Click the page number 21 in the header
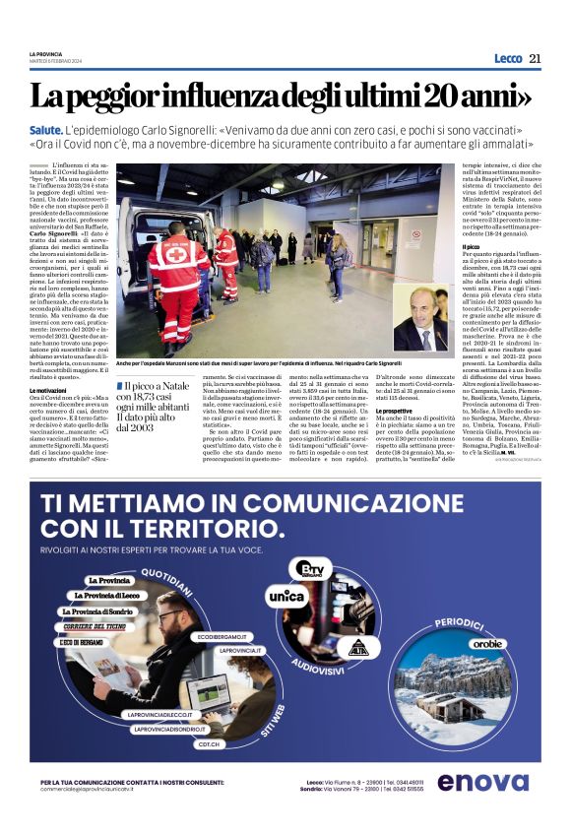pos(535,58)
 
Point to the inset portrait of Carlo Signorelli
pos(420,318)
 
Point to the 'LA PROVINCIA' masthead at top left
pos(44,52)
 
